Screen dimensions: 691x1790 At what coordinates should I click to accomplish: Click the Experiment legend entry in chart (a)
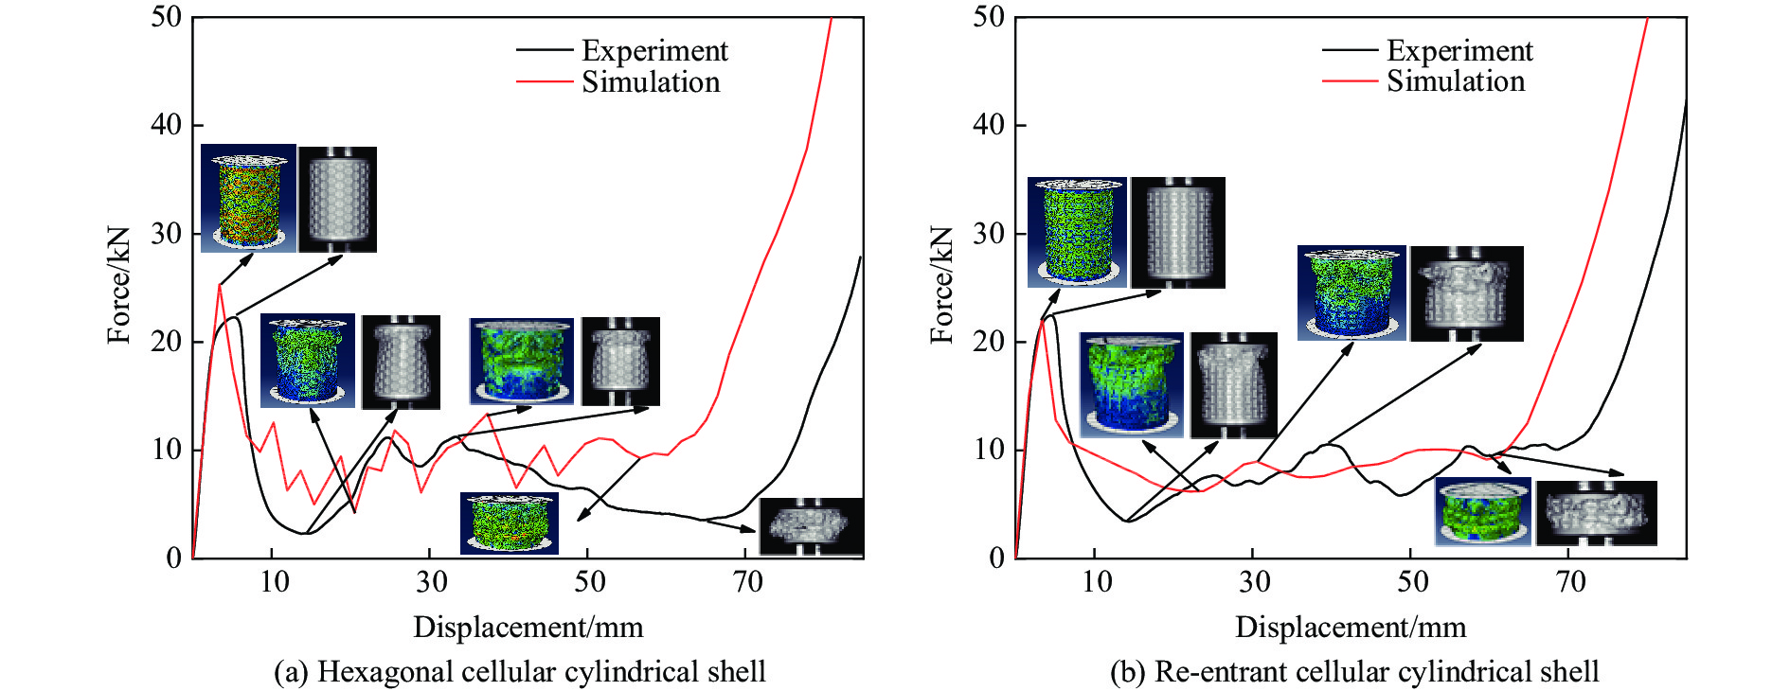click(x=654, y=50)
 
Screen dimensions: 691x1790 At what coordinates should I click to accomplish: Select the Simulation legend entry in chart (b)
click(x=1456, y=81)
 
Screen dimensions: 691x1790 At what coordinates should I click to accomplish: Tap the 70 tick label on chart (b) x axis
click(x=1570, y=581)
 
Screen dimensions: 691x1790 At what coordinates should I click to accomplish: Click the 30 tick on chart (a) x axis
click(x=432, y=581)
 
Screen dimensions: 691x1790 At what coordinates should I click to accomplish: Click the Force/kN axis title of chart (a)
click(x=119, y=285)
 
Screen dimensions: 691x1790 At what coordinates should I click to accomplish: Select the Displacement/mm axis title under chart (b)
click(x=1351, y=627)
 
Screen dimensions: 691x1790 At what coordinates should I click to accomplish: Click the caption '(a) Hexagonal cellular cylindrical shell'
click(x=519, y=671)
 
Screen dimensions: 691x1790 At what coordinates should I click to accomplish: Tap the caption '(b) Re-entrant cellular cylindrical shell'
click(x=1354, y=671)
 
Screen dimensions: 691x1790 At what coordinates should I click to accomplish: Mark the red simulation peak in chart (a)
click(x=220, y=284)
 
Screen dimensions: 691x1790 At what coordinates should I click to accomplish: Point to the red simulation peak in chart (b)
click(x=1043, y=320)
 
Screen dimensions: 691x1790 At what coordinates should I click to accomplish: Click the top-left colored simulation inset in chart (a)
click(x=248, y=198)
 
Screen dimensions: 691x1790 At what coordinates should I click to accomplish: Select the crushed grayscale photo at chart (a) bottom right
click(x=811, y=526)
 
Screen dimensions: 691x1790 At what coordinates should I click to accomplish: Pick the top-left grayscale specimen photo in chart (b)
click(x=1178, y=232)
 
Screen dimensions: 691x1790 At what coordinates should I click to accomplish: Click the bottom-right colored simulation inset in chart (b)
click(x=1482, y=511)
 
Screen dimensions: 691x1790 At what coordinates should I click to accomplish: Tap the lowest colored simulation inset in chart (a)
click(x=510, y=523)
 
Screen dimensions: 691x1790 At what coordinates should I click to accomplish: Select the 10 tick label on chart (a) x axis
click(x=274, y=581)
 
